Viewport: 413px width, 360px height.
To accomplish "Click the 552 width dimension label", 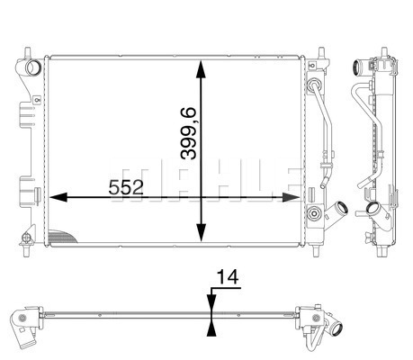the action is coord(126,188).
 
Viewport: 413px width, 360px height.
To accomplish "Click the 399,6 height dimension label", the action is coord(188,133).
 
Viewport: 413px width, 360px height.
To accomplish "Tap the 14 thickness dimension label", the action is coord(228,276).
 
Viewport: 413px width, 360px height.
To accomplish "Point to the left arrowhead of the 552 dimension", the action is coord(58,197).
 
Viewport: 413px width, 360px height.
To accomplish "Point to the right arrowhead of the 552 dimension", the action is coord(291,197).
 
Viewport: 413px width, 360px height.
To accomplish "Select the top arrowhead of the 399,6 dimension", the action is coord(201,69).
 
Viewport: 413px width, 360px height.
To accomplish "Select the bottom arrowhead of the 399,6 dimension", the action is coord(201,232).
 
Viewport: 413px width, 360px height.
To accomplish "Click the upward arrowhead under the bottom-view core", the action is coord(211,328).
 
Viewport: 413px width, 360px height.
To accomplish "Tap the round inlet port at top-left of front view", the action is coord(32,67).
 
